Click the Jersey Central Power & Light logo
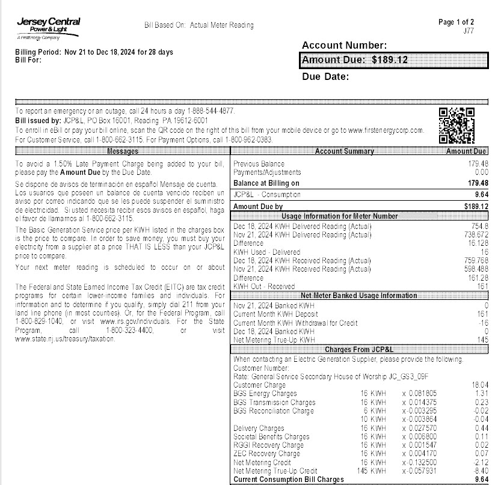click(x=48, y=27)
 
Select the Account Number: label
click(x=344, y=46)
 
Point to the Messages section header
click(x=122, y=151)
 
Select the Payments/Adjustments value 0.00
click(x=480, y=172)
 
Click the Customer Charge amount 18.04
click(x=479, y=385)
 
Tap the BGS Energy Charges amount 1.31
click(x=481, y=394)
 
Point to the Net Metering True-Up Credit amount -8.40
click(x=480, y=472)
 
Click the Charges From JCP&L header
click(x=359, y=349)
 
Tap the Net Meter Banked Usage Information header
click(x=359, y=296)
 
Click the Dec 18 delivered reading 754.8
click(x=479, y=226)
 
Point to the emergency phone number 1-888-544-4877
click(x=211, y=111)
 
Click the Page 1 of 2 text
click(x=456, y=22)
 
